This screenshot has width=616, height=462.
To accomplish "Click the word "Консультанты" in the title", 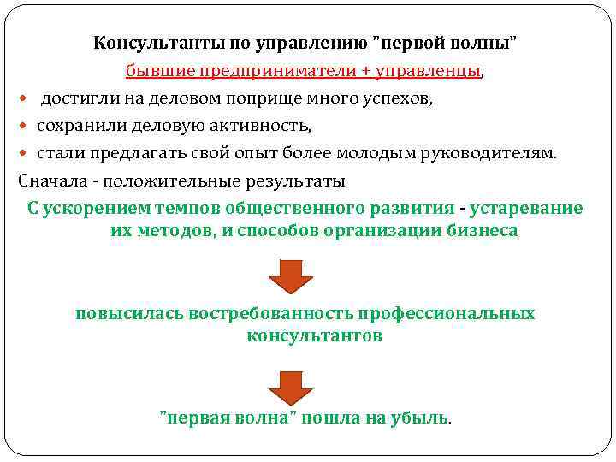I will [x=146, y=43].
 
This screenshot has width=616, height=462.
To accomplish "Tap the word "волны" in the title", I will [x=487, y=43].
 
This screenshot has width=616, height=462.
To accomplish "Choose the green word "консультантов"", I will [x=314, y=335].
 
